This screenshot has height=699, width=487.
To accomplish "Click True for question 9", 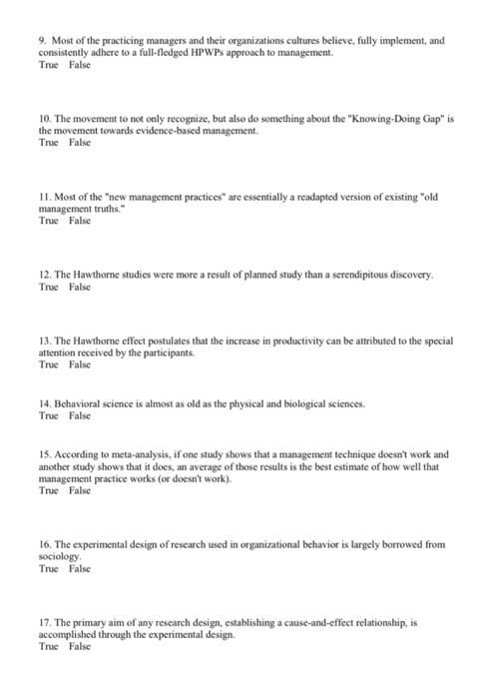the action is pyautogui.click(x=47, y=65).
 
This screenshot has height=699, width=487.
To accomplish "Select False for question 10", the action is pyautogui.click(x=80, y=143).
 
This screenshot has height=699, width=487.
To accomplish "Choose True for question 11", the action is pyautogui.click(x=47, y=221).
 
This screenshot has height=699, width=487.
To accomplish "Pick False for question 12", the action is pyautogui.click(x=80, y=287).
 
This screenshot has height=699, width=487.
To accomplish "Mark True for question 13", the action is pyautogui.click(x=47, y=364).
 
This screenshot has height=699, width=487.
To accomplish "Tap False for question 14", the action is pyautogui.click(x=80, y=416).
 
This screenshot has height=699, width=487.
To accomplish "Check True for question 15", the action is pyautogui.click(x=47, y=490).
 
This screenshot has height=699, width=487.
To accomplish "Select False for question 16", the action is pyautogui.click(x=80, y=568).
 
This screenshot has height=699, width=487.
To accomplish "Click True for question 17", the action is pyautogui.click(x=47, y=646).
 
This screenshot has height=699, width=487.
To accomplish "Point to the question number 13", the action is pyautogui.click(x=44, y=341).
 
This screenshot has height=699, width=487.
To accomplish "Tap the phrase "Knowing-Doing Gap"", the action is pyautogui.click(x=377, y=119).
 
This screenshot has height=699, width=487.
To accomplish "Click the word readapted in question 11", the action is pyautogui.click(x=316, y=197).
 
